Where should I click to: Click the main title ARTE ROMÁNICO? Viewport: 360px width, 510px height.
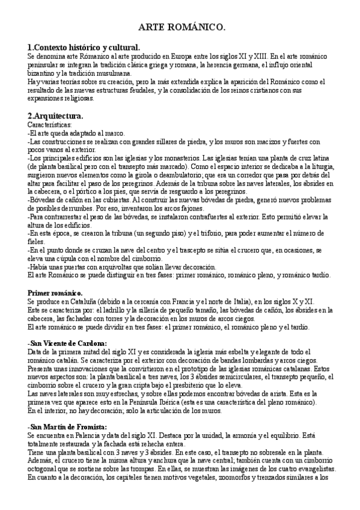(x=182, y=28)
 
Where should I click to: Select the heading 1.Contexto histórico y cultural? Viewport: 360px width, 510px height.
(x=84, y=46)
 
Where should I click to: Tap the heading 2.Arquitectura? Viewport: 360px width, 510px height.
(x=55, y=115)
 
